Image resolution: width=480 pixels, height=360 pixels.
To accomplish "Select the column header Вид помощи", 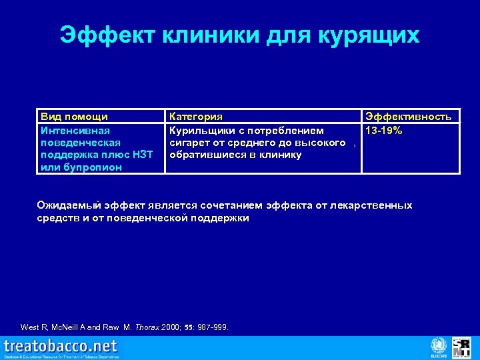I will click(74, 117).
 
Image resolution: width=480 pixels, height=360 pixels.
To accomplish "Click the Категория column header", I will click(197, 117).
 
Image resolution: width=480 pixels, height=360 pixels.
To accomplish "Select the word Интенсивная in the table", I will click(75, 130).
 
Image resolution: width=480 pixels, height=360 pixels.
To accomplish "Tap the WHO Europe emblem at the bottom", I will click(438, 346).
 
